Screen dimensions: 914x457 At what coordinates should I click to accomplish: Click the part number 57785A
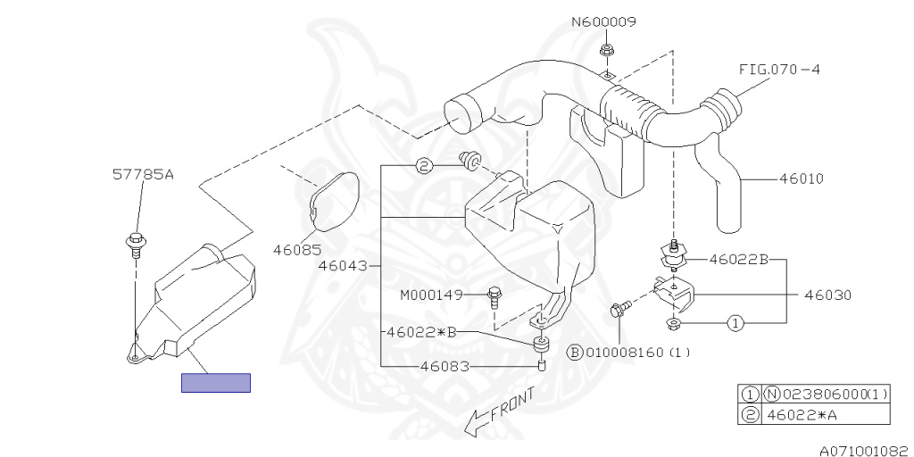tap(143, 175)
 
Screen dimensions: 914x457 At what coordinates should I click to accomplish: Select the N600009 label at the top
tap(604, 22)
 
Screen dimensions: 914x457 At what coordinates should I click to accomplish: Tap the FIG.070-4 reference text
tap(778, 69)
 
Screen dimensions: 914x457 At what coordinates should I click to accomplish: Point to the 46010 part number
tap(801, 179)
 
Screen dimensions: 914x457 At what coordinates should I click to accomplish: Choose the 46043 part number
tap(341, 266)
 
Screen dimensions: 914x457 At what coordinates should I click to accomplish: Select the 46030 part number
tap(827, 294)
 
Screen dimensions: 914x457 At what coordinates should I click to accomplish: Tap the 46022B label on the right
tap(738, 260)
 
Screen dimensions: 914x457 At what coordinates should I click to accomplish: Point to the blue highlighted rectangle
tap(216, 382)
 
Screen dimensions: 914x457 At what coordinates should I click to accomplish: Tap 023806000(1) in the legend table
tap(832, 394)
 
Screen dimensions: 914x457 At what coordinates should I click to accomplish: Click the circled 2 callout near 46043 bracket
tap(425, 165)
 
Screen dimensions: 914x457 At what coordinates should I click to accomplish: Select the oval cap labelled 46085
tap(335, 202)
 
